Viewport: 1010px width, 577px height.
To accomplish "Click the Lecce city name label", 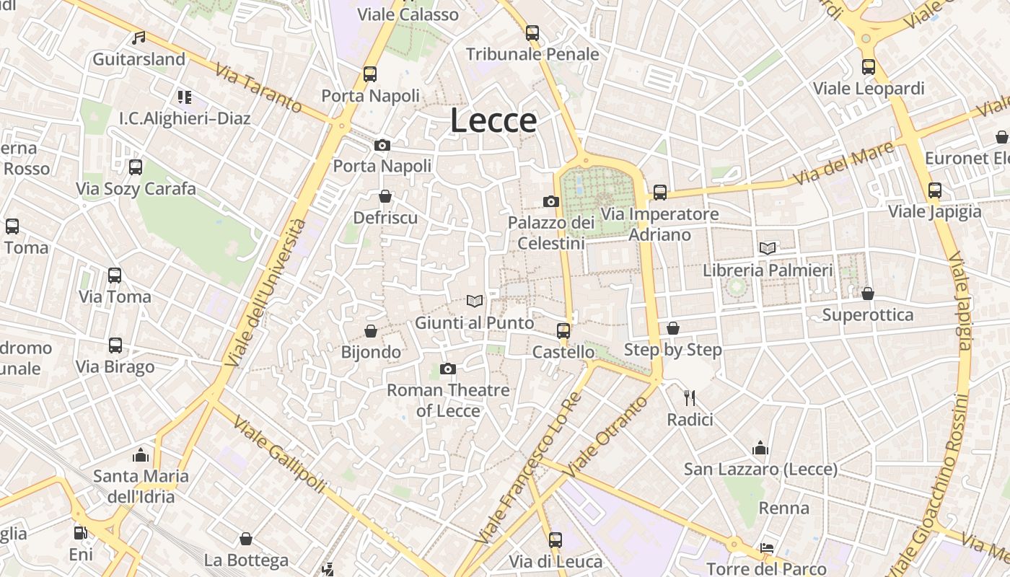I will pos(493,120).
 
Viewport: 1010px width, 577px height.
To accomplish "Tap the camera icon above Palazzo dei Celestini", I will pos(551,201).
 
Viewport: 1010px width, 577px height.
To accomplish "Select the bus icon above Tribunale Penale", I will pos(532,32).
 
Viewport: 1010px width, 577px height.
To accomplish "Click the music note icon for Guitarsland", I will pos(139,38).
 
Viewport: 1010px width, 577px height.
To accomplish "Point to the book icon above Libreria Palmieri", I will pos(768,248).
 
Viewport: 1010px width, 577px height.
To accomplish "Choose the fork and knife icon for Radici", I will pos(690,397).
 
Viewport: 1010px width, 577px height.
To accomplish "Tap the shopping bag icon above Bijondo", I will pos(371,331).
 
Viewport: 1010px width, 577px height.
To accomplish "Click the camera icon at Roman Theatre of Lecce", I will pos(448,369).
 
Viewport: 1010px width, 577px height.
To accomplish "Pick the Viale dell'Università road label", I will pos(265,292).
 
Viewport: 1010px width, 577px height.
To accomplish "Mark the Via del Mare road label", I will pos(843,163).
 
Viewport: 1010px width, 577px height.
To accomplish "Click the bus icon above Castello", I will pos(563,331).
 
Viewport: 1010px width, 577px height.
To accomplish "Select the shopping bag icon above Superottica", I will pos(868,294).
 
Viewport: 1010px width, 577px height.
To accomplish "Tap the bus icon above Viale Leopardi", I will pos(869,67).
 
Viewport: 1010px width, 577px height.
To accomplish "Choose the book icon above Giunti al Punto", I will pos(474,301).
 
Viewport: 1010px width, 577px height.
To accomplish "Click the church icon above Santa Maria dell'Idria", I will pos(141,455).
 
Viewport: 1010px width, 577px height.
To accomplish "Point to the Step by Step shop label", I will pos(672,350).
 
